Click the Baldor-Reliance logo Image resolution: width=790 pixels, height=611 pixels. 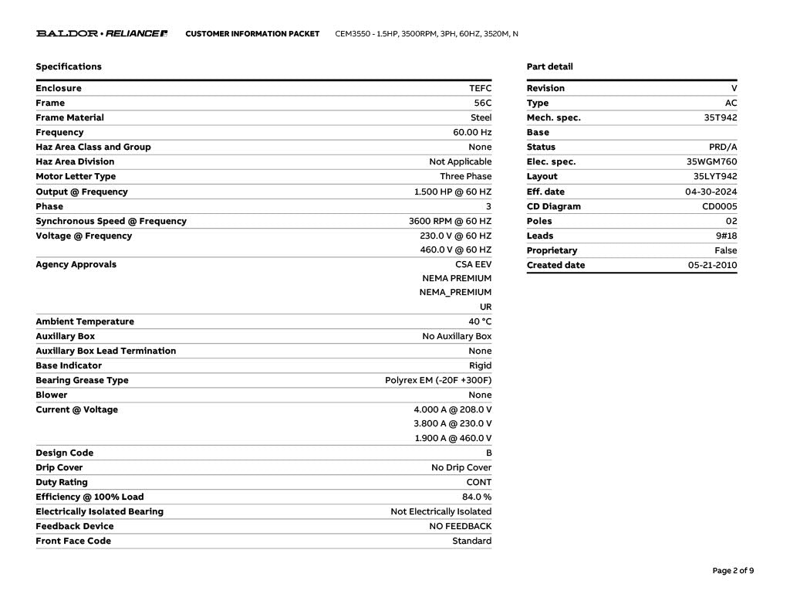tap(102, 34)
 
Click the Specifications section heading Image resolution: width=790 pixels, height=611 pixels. tap(69, 66)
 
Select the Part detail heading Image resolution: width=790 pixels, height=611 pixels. tap(549, 66)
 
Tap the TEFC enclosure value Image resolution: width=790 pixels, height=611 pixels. tap(480, 88)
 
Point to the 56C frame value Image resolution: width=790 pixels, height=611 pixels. tap(483, 103)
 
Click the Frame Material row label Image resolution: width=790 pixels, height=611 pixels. tap(69, 117)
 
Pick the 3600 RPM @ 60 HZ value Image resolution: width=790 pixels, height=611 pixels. tap(450, 221)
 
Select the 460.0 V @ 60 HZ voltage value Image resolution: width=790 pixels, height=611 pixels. tap(455, 250)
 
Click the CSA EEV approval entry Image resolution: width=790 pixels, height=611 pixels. tap(473, 264)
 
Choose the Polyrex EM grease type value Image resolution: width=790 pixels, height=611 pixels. tap(438, 380)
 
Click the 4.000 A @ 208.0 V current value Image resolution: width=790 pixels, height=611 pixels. tap(453, 409)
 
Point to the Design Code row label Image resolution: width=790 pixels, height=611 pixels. tap(64, 453)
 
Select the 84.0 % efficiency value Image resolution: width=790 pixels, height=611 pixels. tap(477, 497)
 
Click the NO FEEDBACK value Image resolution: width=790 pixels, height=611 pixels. tap(461, 526)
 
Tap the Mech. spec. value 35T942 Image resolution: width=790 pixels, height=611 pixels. tap(721, 117)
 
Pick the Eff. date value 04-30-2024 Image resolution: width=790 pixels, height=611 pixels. tap(711, 192)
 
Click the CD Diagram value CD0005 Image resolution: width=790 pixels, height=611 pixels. tap(719, 206)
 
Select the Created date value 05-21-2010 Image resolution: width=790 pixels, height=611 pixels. tap(712, 265)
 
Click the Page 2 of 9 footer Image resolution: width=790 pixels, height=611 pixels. tap(733, 571)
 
